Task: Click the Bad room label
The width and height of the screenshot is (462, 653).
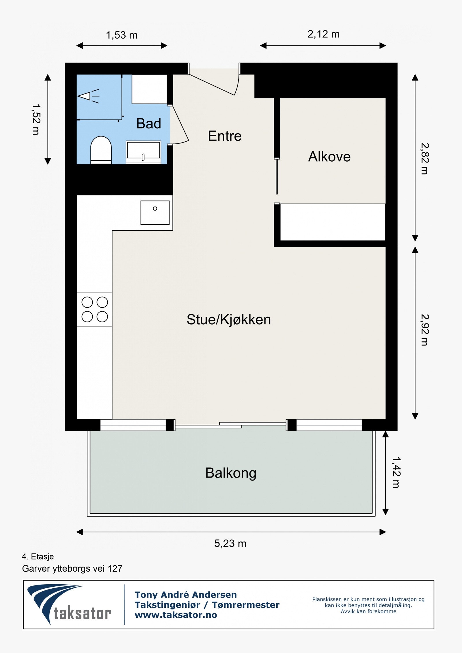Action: (x=148, y=124)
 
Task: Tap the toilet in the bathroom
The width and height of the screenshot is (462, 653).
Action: (x=101, y=150)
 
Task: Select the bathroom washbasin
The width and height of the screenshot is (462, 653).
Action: (x=143, y=152)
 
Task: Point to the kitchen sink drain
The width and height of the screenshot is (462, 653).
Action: (x=155, y=208)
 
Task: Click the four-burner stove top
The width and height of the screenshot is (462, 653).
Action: (x=94, y=309)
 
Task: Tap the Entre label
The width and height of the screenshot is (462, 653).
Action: (x=225, y=136)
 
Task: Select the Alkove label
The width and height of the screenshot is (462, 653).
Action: (x=329, y=157)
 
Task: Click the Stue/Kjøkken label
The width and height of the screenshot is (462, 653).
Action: (x=229, y=319)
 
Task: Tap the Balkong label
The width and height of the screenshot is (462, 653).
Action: (x=231, y=473)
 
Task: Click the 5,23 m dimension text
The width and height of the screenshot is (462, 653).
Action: (x=230, y=544)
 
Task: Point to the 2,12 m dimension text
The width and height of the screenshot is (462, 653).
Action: (x=323, y=34)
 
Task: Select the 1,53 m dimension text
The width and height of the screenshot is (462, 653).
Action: (x=122, y=35)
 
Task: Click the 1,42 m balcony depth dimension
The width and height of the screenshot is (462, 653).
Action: (x=396, y=473)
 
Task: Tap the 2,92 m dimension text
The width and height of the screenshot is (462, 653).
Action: (x=424, y=330)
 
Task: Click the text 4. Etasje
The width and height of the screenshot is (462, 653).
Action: (x=38, y=556)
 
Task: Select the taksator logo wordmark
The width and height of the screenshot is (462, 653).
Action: (x=82, y=613)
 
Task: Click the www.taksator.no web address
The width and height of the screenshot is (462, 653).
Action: (x=176, y=615)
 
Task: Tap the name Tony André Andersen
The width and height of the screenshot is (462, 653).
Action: (x=186, y=594)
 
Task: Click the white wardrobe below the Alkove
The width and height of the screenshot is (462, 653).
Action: (x=333, y=222)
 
